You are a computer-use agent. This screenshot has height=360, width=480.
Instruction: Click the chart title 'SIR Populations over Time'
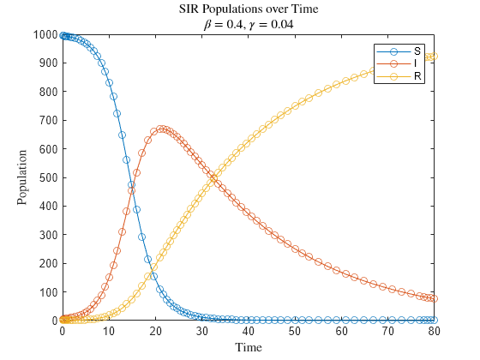(x=248, y=9)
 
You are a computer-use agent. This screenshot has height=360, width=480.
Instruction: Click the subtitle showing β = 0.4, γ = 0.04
(x=248, y=23)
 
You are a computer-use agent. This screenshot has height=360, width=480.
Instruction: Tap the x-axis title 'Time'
(x=248, y=347)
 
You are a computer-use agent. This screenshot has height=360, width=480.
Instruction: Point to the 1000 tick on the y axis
(x=45, y=34)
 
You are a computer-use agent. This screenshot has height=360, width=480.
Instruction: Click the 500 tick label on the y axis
(x=48, y=177)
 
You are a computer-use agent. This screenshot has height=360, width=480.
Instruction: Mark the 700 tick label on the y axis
(x=48, y=120)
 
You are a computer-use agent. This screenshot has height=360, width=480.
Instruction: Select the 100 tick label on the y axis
(x=48, y=292)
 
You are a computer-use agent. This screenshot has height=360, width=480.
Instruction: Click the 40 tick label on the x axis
(x=249, y=331)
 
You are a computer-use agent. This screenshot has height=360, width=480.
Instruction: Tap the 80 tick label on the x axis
(x=435, y=331)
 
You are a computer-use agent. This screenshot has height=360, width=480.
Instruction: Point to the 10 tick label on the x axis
(x=109, y=331)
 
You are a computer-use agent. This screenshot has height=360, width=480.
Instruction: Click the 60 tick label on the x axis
(x=341, y=331)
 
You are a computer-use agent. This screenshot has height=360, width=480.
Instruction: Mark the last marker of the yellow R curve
(x=435, y=57)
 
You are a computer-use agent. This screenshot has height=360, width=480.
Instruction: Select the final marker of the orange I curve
(x=435, y=299)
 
